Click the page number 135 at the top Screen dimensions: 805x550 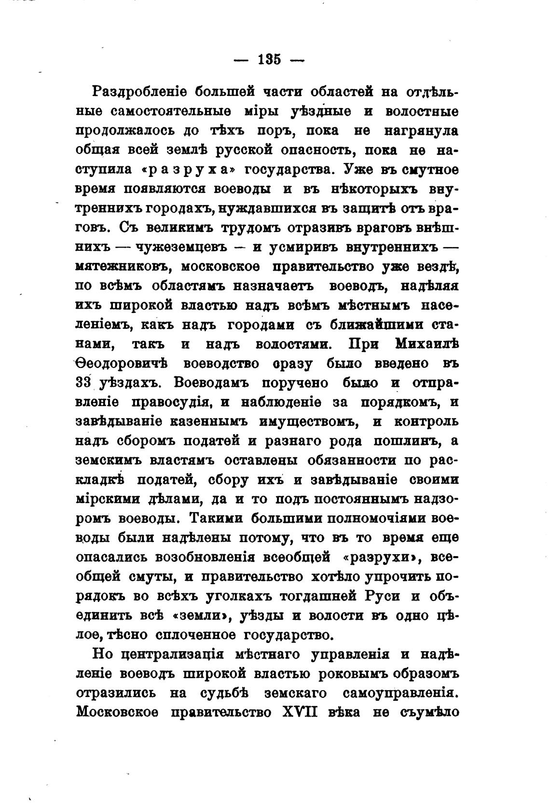coord(269,60)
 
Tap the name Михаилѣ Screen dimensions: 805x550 coord(426,344)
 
